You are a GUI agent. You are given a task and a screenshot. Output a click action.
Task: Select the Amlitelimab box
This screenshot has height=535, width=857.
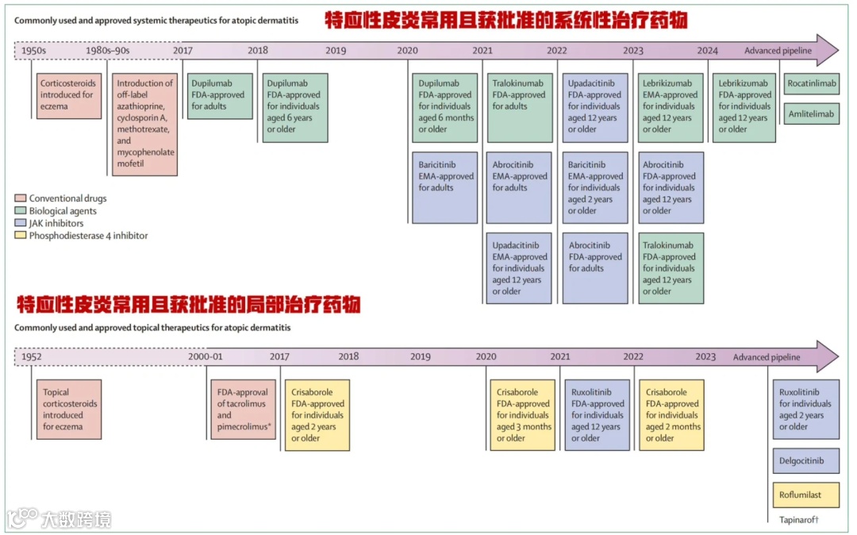(812, 114)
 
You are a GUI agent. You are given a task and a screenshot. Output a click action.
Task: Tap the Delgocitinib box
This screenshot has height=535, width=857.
(805, 461)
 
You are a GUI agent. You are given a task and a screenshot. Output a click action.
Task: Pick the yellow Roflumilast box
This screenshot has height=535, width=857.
(805, 495)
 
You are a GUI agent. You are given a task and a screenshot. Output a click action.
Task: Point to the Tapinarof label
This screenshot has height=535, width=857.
(798, 520)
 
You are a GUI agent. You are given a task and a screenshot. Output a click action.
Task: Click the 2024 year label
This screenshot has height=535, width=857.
(707, 51)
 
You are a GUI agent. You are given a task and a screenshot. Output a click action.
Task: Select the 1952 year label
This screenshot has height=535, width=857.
(32, 357)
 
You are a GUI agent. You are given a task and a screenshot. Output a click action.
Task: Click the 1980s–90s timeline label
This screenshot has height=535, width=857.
(107, 51)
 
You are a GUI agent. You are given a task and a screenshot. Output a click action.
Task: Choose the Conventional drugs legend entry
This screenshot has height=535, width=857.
(67, 198)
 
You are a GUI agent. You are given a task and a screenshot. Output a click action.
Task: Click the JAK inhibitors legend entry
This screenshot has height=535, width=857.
(56, 223)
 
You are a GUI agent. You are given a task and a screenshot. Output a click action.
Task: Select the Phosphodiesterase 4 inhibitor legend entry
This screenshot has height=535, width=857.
(88, 236)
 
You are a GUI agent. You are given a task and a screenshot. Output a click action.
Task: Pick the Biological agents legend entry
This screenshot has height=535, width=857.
(63, 211)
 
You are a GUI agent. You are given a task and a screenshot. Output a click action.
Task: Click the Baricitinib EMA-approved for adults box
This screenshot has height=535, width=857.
(445, 187)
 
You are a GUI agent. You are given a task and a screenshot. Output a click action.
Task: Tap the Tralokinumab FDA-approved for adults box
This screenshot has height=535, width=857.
(520, 107)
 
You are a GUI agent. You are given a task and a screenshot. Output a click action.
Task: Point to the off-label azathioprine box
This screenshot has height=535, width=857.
(144, 125)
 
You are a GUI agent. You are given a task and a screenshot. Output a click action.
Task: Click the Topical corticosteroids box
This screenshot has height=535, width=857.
(70, 409)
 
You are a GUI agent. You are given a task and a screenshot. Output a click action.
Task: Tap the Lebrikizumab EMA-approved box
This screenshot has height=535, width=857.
(671, 107)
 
